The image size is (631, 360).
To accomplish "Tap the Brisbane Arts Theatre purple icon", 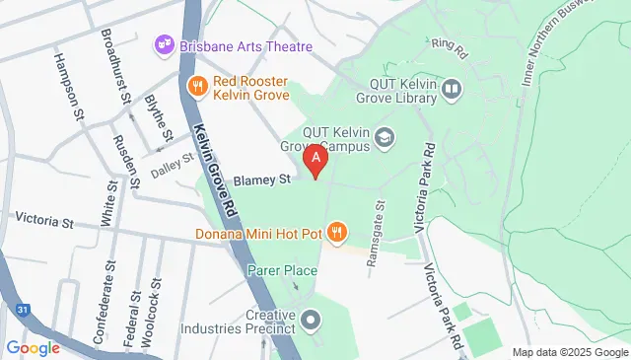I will [x=164, y=45].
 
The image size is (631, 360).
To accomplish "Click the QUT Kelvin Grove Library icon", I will [x=453, y=90].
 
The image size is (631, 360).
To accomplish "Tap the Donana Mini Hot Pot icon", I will [x=337, y=233].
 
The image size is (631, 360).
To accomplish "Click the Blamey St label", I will [x=263, y=180].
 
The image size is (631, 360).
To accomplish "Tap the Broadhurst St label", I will [x=116, y=69].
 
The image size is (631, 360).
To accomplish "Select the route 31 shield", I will [x=22, y=311].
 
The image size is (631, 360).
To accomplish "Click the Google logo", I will [x=33, y=347].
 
